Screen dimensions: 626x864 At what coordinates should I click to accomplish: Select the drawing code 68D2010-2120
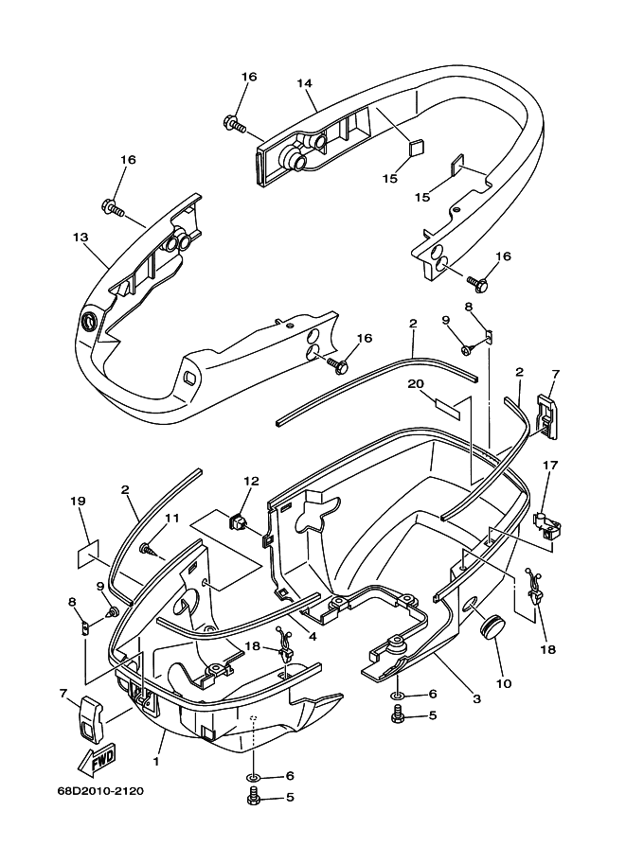[100, 792]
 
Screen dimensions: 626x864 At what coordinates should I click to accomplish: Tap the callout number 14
[304, 83]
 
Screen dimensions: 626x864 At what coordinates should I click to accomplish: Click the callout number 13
[80, 237]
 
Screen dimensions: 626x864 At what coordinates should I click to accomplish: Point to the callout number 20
[417, 383]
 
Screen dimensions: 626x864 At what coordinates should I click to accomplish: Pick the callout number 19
[79, 501]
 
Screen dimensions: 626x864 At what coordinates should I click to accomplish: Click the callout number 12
[251, 481]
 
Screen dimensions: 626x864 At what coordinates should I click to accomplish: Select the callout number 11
[172, 518]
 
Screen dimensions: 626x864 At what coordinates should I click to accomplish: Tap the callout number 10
[504, 684]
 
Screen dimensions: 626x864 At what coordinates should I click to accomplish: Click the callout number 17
[550, 465]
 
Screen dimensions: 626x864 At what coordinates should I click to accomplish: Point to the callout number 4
[313, 637]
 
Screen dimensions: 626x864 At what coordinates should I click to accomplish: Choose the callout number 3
[476, 699]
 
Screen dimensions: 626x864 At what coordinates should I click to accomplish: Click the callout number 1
[156, 763]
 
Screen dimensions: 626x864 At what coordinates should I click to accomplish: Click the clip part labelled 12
[237, 520]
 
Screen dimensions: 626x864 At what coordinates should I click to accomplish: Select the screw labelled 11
[147, 548]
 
